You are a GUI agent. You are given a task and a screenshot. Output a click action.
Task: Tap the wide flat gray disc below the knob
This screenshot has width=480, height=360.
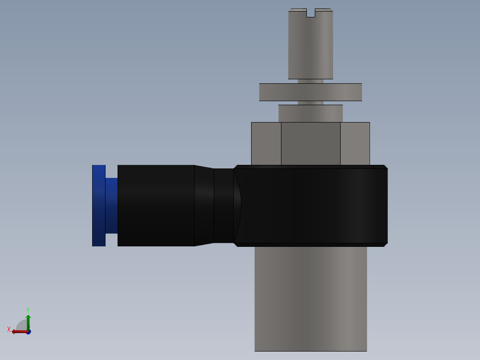pos(310,92)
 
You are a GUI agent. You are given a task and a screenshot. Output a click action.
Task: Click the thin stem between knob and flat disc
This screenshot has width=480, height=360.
pos(310,82)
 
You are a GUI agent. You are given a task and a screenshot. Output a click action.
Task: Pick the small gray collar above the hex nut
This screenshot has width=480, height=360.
pos(310,113)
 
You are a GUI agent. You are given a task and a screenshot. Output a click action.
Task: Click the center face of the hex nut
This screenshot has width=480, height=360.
pos(310,143)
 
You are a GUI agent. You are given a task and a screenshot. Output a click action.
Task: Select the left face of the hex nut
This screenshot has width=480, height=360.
pos(266,143)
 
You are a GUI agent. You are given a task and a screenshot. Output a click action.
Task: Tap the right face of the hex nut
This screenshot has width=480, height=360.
pos(355,143)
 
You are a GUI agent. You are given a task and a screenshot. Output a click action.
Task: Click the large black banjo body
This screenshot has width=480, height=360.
pos(312,205)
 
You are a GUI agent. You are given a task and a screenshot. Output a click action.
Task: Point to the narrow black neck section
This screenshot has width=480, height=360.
pos(224,205)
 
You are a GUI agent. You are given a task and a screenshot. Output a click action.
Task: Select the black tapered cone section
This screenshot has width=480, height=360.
pos(204,205)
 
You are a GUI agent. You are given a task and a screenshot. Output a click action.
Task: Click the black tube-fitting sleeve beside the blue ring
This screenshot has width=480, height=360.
pos(156,205)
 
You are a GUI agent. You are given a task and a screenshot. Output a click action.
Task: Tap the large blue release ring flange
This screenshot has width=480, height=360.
pos(98,205)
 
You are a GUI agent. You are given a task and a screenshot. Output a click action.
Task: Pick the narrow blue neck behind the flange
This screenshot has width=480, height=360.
pos(111,205)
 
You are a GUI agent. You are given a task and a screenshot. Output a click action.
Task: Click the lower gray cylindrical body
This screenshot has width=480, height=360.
pos(310,299)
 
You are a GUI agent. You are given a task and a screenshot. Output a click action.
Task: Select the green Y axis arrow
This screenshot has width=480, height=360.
pos(28,321)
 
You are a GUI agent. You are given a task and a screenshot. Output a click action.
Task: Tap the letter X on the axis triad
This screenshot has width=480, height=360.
pos(9,329)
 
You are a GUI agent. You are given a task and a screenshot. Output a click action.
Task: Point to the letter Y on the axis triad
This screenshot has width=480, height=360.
pos(28,309)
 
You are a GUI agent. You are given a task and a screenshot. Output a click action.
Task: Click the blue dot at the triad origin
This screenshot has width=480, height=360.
pos(28,332)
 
